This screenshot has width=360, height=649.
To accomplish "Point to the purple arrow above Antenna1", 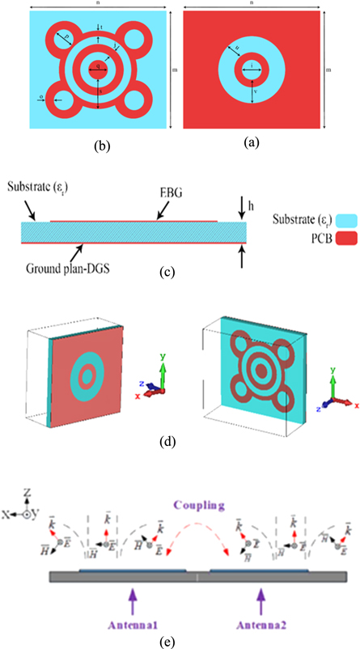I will (x=132, y=591).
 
